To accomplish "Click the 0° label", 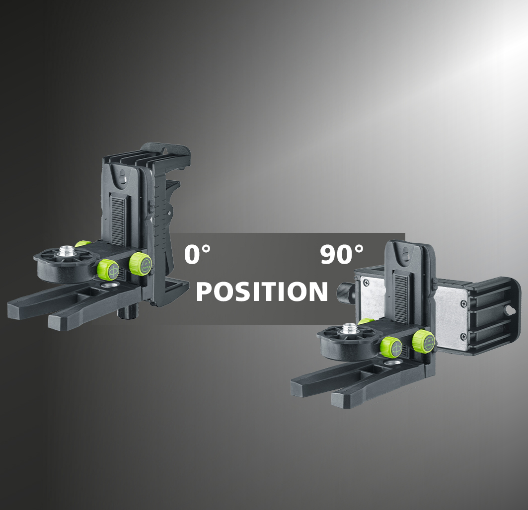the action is click(197, 254).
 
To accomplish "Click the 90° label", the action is click(342, 254).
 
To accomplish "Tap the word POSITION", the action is click(262, 291).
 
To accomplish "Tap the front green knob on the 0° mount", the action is click(108, 269).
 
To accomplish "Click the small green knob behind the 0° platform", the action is click(82, 244).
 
